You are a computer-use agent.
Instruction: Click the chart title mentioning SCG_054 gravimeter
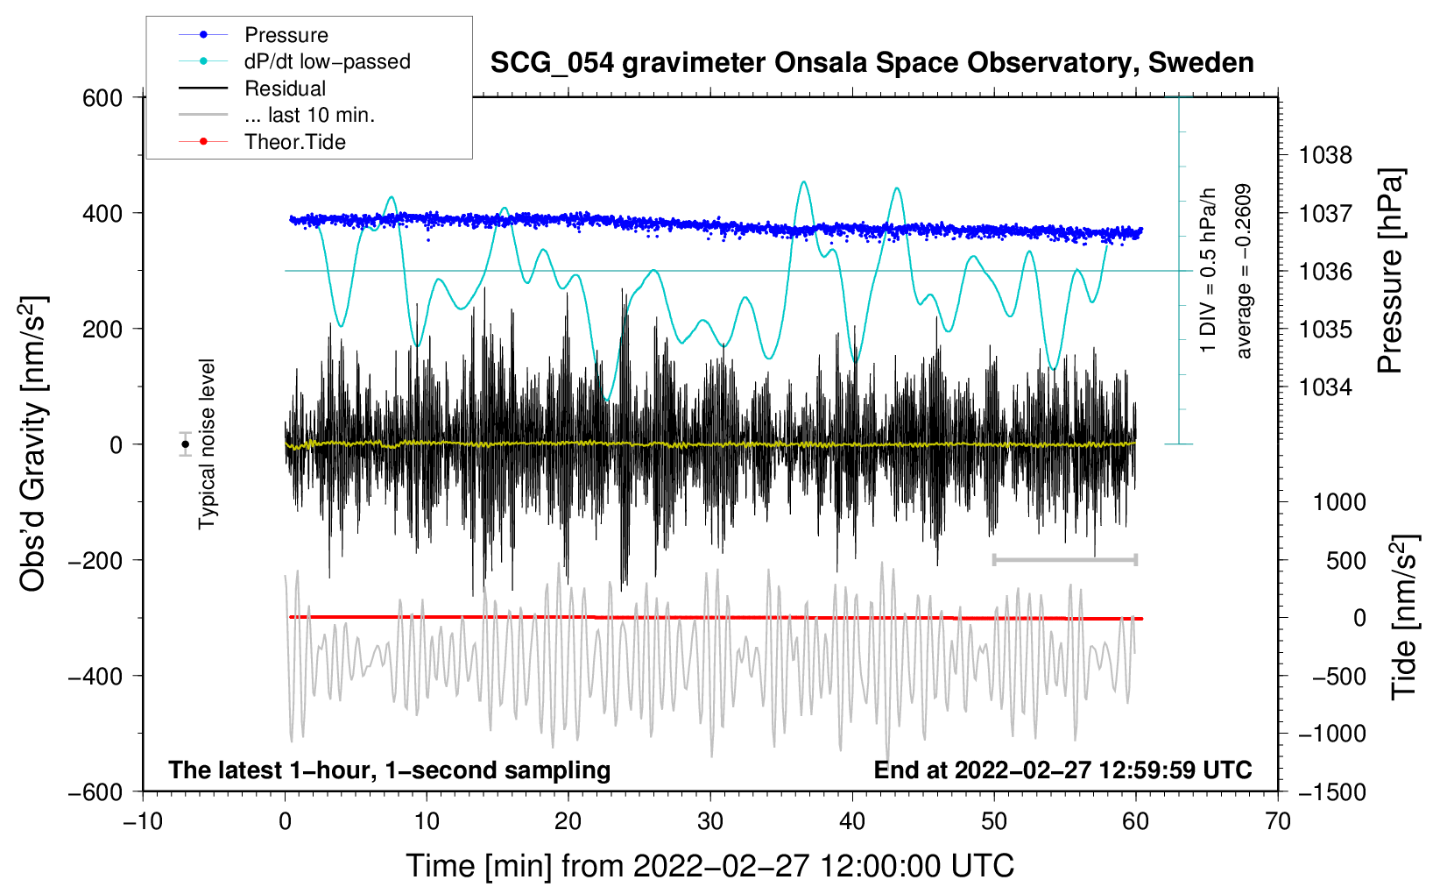pos(872,63)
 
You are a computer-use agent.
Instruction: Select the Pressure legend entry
pos(286,35)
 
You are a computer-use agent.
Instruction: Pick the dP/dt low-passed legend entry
pos(327,61)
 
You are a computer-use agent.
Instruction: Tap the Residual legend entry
pos(285,89)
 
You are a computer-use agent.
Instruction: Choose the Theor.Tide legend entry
pos(294,142)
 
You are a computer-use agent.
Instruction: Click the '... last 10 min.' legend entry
pos(309,115)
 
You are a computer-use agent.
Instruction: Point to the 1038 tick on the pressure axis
pos(1325,156)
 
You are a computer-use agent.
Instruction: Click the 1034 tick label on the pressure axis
pos(1325,387)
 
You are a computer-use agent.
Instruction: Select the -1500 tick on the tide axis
pos(1331,792)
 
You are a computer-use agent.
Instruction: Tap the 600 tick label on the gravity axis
pos(102,98)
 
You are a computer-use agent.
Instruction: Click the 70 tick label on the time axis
pos(1278,822)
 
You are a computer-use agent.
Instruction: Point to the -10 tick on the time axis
pos(143,822)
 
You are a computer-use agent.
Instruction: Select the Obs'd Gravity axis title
pos(33,443)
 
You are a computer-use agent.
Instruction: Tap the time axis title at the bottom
pos(709,866)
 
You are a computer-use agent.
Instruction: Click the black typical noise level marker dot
pos(186,444)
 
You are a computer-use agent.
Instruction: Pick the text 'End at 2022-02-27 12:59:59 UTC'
pos(1062,770)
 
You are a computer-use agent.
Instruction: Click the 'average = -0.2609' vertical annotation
pos(1243,272)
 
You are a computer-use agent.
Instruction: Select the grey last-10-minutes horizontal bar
pos(1064,559)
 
